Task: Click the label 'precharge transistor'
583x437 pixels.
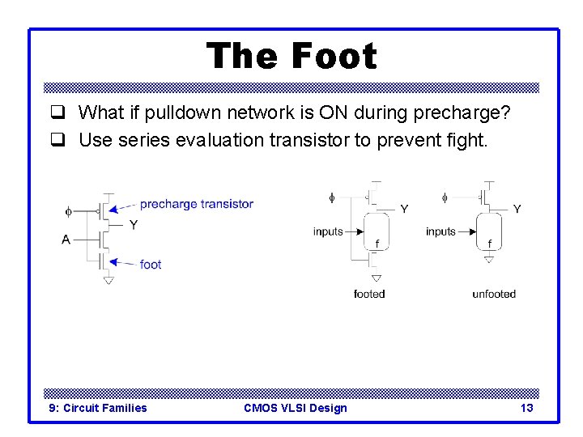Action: [x=196, y=204]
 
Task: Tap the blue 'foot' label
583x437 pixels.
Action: [x=151, y=264]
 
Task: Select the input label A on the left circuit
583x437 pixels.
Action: [x=66, y=240]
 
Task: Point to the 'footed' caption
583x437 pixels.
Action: [x=369, y=294]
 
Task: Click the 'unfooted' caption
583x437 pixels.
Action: [x=494, y=294]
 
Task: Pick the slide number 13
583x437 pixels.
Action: [x=526, y=408]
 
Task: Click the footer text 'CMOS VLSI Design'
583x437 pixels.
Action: [x=295, y=408]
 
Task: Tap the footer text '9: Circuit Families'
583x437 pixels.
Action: [x=98, y=408]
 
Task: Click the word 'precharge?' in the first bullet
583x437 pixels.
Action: [x=469, y=112]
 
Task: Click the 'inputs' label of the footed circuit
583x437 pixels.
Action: [x=328, y=231]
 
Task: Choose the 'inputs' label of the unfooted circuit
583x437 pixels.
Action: [x=440, y=231]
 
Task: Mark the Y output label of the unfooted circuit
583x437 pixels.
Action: [x=517, y=209]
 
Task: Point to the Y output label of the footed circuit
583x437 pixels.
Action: [x=404, y=209]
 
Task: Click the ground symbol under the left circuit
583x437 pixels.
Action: [x=109, y=280]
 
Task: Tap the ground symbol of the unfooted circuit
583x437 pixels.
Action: [x=489, y=259]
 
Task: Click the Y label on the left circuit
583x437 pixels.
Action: [x=134, y=225]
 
